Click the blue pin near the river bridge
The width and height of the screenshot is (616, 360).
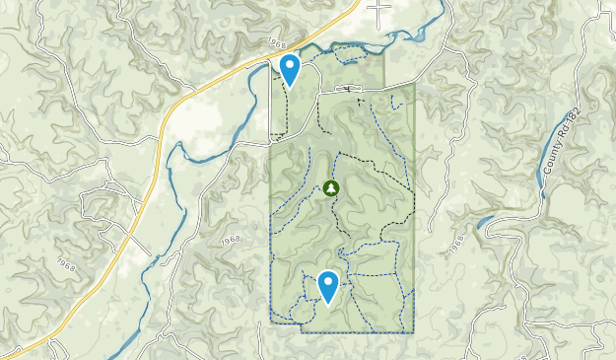pyautogui.click(x=290, y=69)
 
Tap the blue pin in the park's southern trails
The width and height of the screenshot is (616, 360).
pyautogui.click(x=328, y=287)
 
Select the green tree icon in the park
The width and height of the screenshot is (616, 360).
pyautogui.click(x=331, y=188)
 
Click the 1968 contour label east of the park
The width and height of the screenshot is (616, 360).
pyautogui.click(x=457, y=249)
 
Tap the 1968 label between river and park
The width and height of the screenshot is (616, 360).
pyautogui.click(x=231, y=240)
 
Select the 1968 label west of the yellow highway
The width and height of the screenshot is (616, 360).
pyautogui.click(x=68, y=265)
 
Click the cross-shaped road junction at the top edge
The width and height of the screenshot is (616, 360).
pyautogui.click(x=378, y=11)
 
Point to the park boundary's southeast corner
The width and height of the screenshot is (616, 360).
pyautogui.click(x=413, y=331)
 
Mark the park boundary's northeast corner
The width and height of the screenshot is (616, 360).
pyautogui.click(x=413, y=85)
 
